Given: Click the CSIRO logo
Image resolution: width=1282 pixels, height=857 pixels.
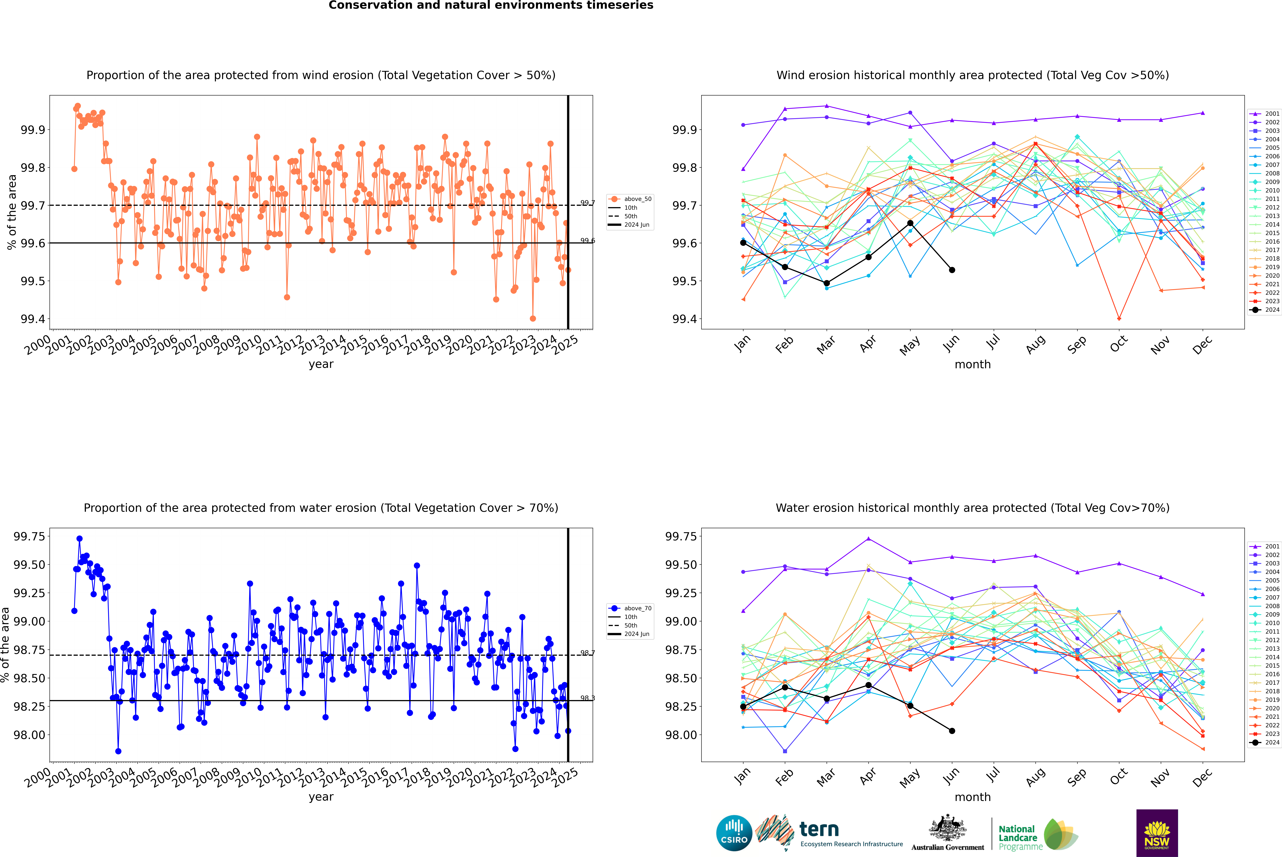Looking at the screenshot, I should (x=734, y=833).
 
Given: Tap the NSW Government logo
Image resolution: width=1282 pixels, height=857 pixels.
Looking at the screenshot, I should (x=1157, y=833).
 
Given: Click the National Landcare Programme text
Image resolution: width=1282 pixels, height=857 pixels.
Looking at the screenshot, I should (x=1018, y=837).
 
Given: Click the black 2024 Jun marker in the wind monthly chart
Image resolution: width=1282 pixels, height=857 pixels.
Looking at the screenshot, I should (x=952, y=270).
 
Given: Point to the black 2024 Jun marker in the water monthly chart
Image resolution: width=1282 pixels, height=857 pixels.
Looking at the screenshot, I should (x=952, y=731).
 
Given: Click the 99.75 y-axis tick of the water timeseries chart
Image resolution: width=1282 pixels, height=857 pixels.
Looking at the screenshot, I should (x=29, y=536).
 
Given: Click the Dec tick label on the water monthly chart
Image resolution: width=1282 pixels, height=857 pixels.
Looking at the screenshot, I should (x=1202, y=777).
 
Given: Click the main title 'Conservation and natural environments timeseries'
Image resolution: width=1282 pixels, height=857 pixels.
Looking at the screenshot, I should (x=491, y=5).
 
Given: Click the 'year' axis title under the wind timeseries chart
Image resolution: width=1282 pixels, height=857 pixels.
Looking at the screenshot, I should (x=321, y=364).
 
